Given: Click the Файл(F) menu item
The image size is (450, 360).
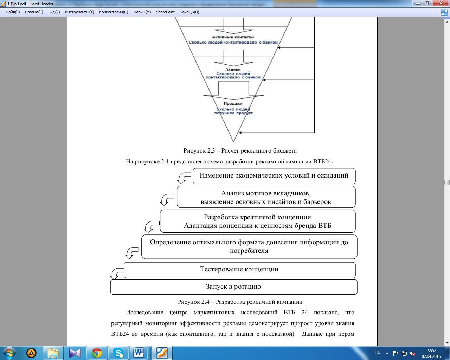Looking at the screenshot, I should pos(13,12).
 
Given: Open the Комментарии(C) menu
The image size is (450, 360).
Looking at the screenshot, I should pos(114,12).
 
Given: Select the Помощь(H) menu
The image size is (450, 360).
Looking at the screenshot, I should pos(189,12).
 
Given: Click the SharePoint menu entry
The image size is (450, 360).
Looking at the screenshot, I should pos(165,12).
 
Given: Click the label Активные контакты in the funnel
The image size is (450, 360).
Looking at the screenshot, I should pos(233,37).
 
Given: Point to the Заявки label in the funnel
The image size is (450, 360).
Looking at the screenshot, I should pos(233,70).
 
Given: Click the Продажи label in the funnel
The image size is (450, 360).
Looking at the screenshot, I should pos(233,104).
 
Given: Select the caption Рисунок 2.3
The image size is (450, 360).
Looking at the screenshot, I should pos(240,151).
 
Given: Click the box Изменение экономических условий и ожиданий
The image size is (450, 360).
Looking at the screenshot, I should pos(274,176).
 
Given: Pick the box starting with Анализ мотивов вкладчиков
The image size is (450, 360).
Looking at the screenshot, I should pos(266,197).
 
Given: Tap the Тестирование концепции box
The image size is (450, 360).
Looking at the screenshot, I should pos(239,270).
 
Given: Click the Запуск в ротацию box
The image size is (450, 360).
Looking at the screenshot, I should pos(233,287).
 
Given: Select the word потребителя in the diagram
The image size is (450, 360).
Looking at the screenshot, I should pos(249,251).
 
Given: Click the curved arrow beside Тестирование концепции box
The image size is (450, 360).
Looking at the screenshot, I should pos(117,273).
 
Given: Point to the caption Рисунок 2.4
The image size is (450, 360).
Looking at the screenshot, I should pos(240,302).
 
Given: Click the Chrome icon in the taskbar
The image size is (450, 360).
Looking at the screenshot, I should pos(96,353).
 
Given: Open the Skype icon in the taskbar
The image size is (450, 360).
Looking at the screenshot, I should pos(118,353).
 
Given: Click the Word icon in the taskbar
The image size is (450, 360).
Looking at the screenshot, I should pos(139,353).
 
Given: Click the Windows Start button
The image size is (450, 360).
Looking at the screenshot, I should pos(9,353).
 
